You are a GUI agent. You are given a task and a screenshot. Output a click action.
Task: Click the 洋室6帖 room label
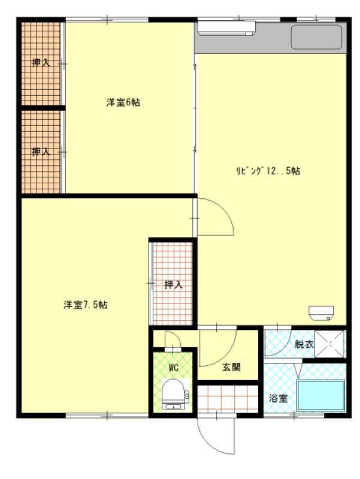(x=123, y=102)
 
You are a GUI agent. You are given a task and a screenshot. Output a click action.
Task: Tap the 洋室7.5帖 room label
(x=85, y=305)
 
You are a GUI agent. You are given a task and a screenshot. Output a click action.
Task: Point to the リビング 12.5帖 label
(x=268, y=171)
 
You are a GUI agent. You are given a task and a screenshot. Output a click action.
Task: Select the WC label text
(x=173, y=368)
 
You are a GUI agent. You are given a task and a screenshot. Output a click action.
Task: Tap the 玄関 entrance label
(x=231, y=367)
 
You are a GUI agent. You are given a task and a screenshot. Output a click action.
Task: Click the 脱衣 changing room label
(x=304, y=344)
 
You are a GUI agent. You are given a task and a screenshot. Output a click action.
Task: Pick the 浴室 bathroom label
(x=278, y=398)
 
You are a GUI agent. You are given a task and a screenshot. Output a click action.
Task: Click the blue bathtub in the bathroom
(x=321, y=396)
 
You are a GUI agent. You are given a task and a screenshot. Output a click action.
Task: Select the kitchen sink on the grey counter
(x=316, y=37)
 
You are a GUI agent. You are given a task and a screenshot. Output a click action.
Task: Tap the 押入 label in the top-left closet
(x=41, y=63)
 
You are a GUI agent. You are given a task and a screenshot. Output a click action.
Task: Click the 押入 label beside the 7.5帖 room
(x=173, y=285)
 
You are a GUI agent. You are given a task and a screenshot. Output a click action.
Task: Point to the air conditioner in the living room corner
(x=321, y=313)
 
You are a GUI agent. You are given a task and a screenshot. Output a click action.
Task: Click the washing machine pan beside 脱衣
(x=330, y=344)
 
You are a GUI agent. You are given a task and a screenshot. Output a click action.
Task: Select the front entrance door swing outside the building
(x=216, y=435)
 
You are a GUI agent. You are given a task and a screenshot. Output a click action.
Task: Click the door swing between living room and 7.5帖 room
(x=216, y=217)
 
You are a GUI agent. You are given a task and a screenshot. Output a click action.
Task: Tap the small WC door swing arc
(x=173, y=339)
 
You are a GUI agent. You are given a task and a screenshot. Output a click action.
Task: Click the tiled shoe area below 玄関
(x=228, y=399)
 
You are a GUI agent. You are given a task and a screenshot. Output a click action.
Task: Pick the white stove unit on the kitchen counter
(x=226, y=28)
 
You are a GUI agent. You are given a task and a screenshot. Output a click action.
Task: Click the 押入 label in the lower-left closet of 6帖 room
(x=41, y=151)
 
